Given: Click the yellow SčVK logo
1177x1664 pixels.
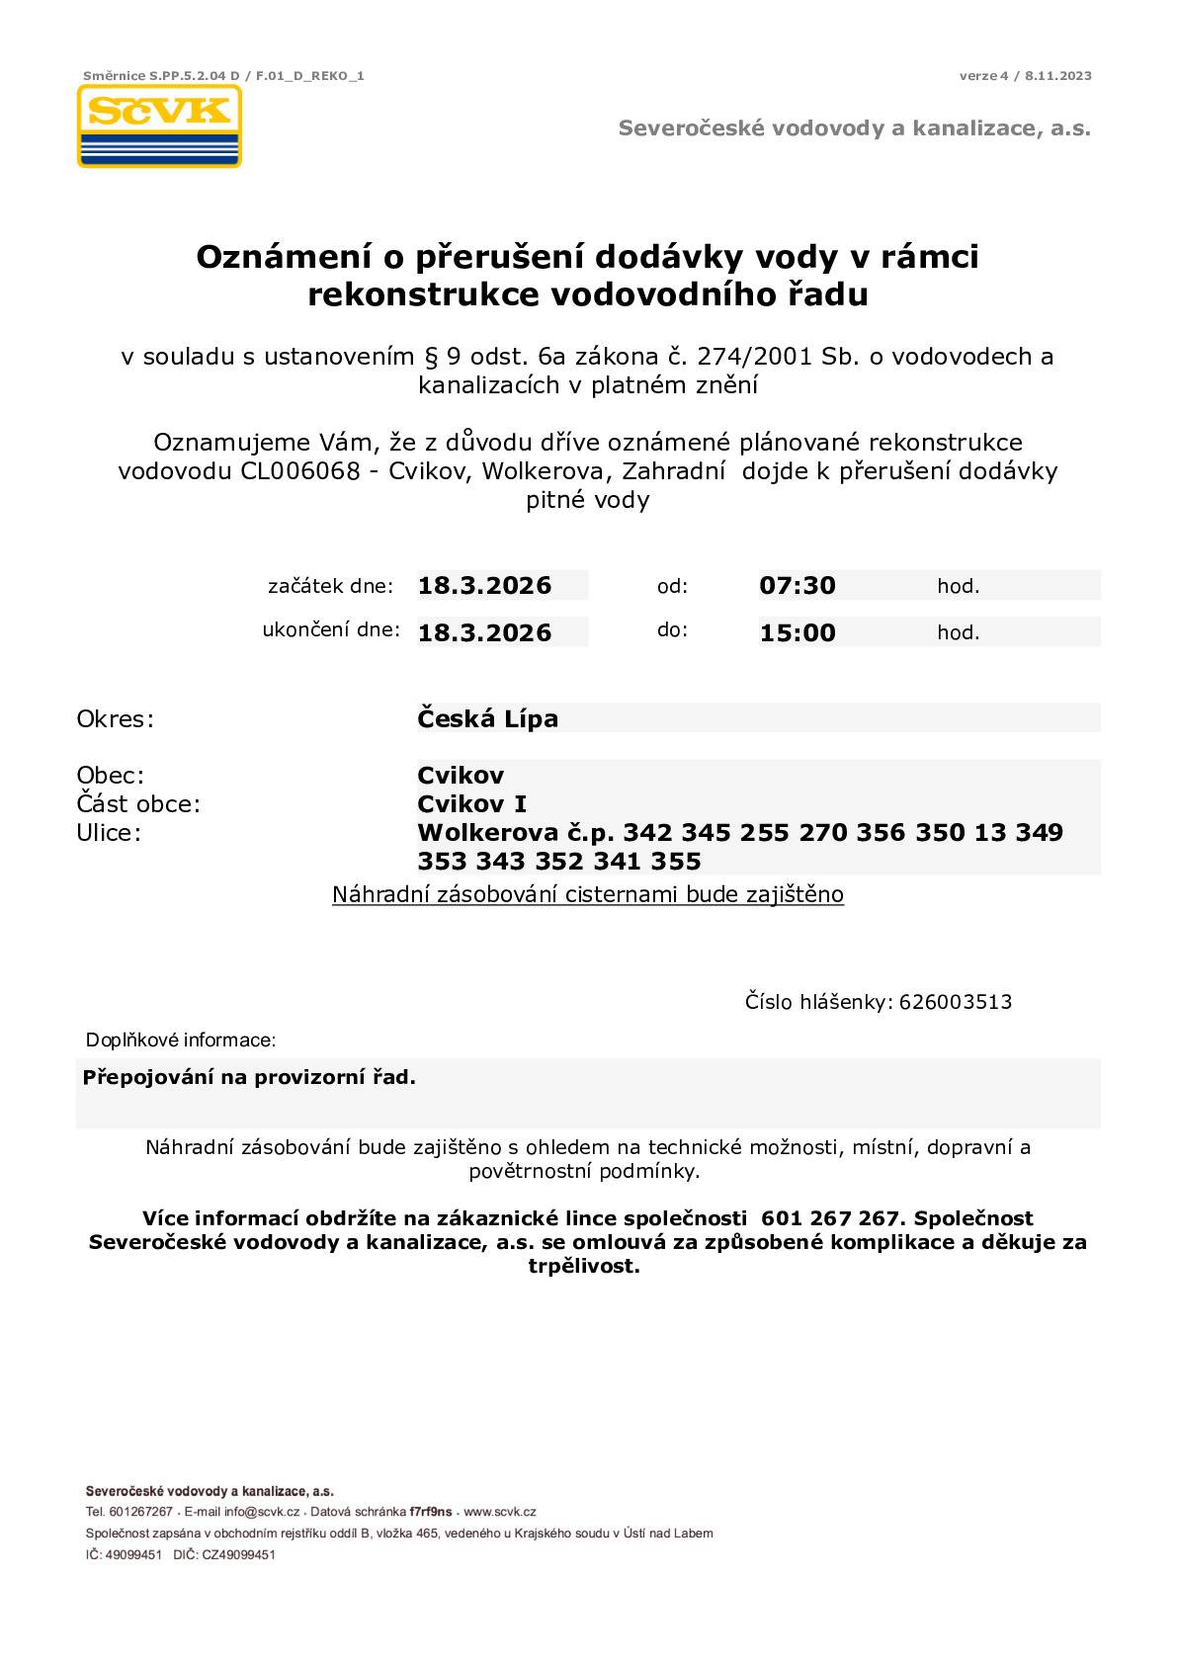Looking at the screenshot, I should (159, 125).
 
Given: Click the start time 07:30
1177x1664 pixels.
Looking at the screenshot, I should (798, 585).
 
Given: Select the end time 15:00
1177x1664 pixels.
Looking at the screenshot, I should (798, 632).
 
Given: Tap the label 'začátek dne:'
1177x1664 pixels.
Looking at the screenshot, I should (330, 586).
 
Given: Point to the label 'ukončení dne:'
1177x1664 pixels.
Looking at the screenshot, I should (330, 629).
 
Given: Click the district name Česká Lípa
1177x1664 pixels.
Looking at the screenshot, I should (487, 718).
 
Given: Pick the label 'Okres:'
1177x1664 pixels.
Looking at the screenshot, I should (116, 718).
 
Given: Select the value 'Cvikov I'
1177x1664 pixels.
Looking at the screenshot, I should (471, 803).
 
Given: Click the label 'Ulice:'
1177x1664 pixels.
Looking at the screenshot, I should (109, 832).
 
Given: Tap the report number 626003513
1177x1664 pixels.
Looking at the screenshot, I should (956, 1002).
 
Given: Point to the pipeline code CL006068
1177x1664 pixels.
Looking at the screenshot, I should (299, 470).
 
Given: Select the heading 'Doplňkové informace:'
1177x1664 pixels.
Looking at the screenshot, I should (181, 1040).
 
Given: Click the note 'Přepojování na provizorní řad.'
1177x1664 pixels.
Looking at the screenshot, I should (249, 1077).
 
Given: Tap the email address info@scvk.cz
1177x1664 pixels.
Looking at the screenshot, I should (261, 1512).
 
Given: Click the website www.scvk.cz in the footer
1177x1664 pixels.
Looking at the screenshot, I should (499, 1512).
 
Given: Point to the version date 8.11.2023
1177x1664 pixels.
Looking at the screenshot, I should (1058, 76).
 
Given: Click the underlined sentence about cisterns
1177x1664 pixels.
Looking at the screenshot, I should (588, 895).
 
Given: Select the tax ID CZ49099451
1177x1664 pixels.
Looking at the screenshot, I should (239, 1554).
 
